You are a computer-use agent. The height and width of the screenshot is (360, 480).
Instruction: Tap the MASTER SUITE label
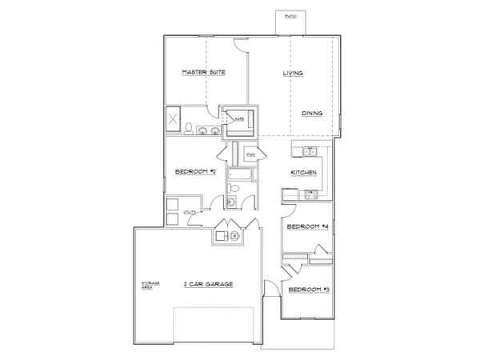203,72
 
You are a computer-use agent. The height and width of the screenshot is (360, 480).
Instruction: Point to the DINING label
312,114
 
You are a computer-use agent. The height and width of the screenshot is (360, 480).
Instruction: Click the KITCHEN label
304,173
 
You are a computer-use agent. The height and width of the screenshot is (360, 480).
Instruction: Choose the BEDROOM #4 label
308,227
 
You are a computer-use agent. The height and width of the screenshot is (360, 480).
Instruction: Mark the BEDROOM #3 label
309,289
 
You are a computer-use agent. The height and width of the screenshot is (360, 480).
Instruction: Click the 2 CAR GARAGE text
208,284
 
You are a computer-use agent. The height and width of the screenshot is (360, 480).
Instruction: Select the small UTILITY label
190,212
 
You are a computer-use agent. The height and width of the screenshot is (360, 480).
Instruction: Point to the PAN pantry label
250,154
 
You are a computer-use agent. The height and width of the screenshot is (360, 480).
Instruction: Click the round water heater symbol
234,236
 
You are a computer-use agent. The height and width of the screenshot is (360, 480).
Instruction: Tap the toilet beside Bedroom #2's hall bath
231,189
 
